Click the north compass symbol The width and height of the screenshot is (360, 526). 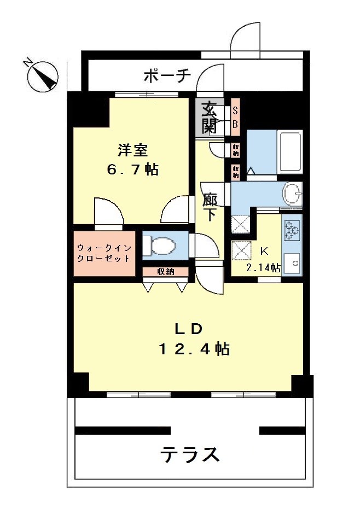tap(43, 77)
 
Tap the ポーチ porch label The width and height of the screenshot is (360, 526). tap(167, 76)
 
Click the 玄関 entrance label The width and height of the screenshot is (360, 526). tap(209, 116)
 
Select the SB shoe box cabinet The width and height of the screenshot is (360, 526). tap(235, 117)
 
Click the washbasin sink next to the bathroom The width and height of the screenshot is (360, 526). tap(292, 194)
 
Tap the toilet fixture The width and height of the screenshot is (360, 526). tap(160, 246)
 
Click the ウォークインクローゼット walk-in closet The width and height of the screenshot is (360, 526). tap(104, 253)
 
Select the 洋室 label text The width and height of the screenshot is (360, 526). tap(132, 150)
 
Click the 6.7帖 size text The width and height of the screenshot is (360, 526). tap(132, 170)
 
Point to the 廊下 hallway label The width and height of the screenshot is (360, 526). tap(210, 208)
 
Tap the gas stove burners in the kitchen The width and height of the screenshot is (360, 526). tap(292, 230)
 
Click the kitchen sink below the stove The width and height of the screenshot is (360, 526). tap(292, 262)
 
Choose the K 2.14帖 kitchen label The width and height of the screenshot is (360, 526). tap(263, 259)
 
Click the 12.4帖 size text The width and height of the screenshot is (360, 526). tap(194, 349)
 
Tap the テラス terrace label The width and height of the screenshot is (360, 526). tap(190, 455)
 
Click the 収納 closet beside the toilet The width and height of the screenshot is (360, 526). tap(166, 272)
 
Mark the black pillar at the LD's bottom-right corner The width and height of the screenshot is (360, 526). tap(301, 385)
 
